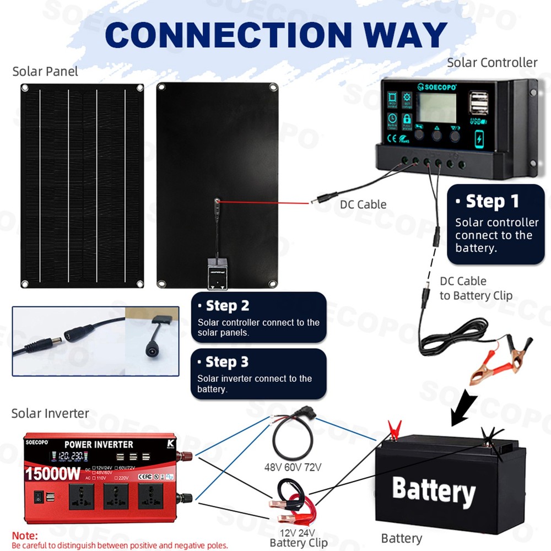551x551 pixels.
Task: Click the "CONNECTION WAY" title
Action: pos(275,34)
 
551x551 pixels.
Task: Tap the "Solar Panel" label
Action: pos(45,71)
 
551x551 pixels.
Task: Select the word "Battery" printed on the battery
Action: pos(433,490)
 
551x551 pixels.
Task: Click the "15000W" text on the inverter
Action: pos(53,473)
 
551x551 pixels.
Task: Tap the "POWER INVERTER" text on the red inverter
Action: pos(99,444)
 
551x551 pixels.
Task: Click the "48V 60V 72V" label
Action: pos(293,467)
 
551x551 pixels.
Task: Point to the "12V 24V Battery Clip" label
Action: pos(298,537)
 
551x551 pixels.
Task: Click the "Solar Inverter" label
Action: pos(50,413)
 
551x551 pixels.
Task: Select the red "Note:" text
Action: pos(25,535)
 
